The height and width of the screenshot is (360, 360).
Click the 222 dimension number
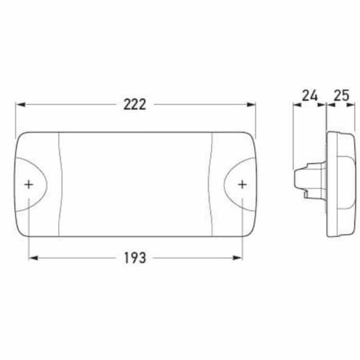click(x=135, y=104)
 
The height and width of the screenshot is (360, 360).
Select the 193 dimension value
click(x=135, y=258)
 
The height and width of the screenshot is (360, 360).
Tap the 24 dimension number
click(x=310, y=95)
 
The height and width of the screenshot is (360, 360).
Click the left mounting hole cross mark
click(x=29, y=184)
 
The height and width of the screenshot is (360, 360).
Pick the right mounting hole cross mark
click(x=242, y=184)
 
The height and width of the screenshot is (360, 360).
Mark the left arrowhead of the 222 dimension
click(x=19, y=104)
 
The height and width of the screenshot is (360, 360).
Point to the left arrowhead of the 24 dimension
click(x=296, y=105)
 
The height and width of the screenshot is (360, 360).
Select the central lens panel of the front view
click(x=135, y=184)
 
